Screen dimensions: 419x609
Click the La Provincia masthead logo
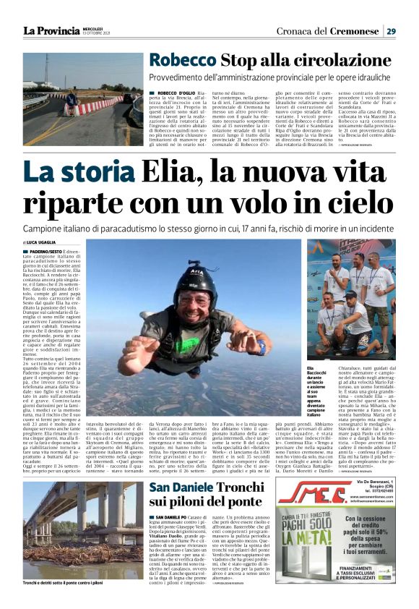(x=51, y=30)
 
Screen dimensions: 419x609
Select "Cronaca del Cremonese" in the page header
(x=324, y=30)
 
